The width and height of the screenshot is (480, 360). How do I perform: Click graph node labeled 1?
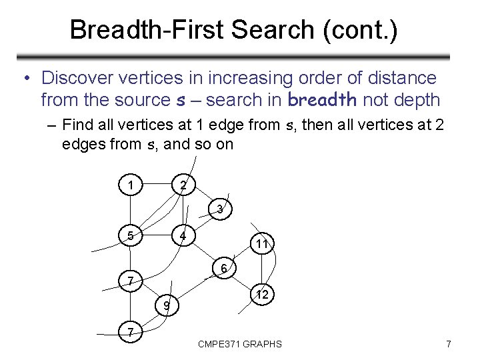[x=132, y=183]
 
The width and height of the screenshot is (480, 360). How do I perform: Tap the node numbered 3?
[x=220, y=209]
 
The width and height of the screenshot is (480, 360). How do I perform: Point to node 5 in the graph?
[x=131, y=235]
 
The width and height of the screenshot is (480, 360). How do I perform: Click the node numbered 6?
[x=225, y=269]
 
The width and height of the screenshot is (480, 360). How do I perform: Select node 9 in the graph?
[x=167, y=306]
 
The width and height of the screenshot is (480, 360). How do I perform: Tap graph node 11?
[x=262, y=244]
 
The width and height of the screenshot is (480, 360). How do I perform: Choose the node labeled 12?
[x=262, y=294]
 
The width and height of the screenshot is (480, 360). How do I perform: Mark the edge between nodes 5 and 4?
[x=157, y=235]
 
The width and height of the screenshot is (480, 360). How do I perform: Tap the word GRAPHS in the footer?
[x=263, y=344]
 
